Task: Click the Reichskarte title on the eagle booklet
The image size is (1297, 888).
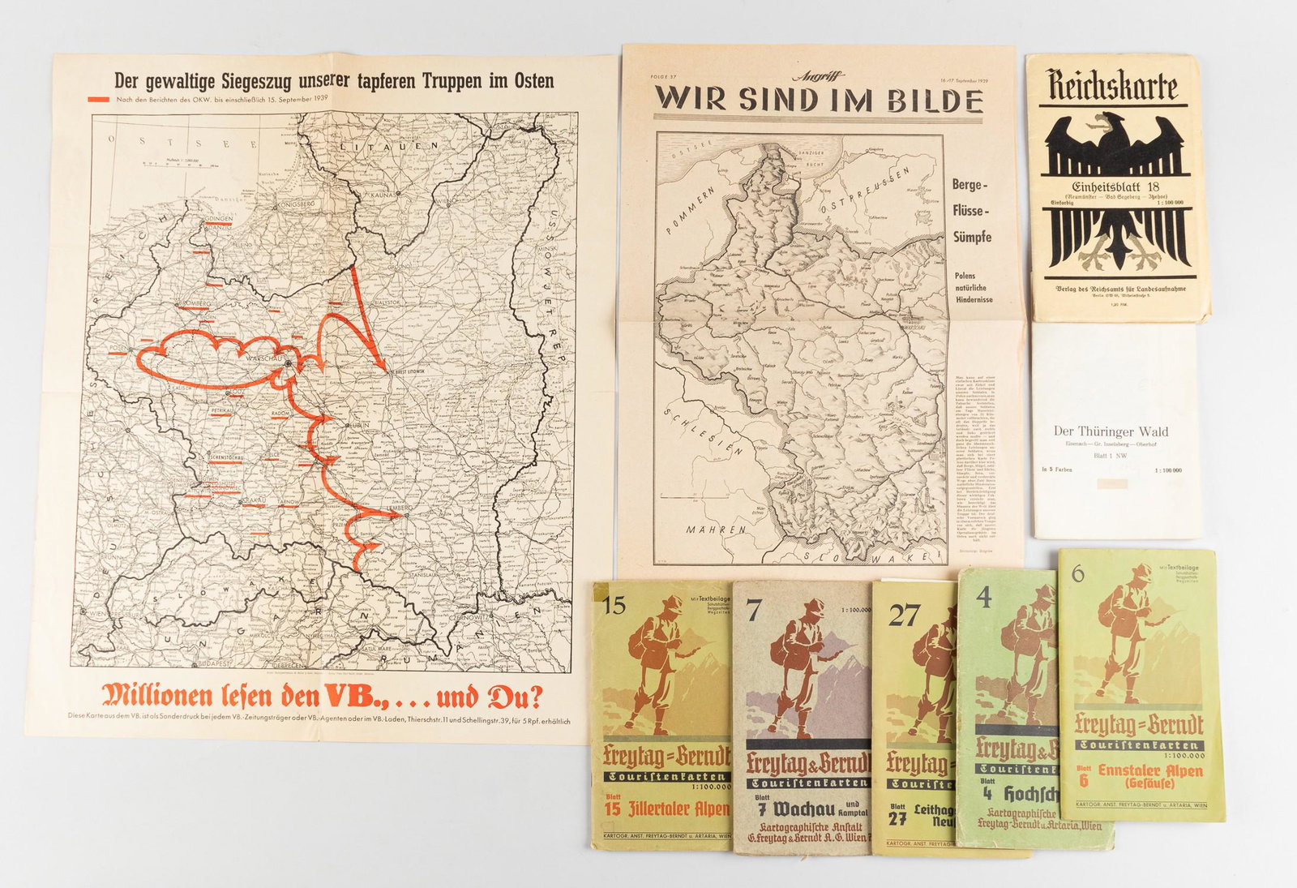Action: (1111, 86)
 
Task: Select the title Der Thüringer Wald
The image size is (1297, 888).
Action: (1111, 431)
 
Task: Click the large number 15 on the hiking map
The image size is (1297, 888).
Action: (614, 605)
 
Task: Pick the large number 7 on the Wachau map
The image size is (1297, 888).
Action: (753, 611)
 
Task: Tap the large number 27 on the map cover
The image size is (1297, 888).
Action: (903, 616)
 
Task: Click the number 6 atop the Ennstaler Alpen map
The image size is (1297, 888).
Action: (1077, 573)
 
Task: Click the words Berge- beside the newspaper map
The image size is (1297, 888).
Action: (970, 185)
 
